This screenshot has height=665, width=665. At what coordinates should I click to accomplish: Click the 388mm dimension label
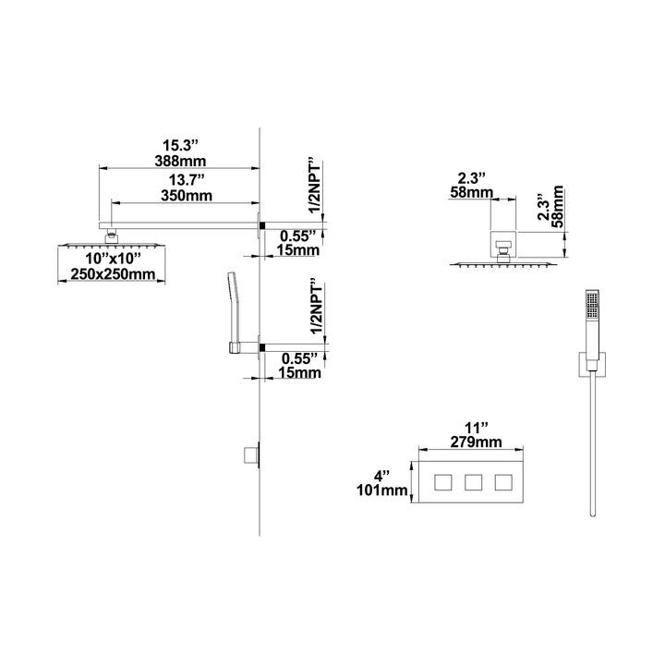click(x=180, y=161)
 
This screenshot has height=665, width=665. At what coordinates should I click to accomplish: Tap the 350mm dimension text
click(x=187, y=196)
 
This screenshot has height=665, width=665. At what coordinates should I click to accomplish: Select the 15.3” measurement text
click(x=181, y=145)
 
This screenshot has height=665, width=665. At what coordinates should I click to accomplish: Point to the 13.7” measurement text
click(x=187, y=180)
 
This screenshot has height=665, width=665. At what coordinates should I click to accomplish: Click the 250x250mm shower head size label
click(x=113, y=274)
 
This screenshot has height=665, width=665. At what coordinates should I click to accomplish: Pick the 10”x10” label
click(x=113, y=258)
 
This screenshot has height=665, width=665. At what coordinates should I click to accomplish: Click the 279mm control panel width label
click(x=476, y=441)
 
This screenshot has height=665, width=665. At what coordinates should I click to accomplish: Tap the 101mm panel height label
click(x=382, y=490)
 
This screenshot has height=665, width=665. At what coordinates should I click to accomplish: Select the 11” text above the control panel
click(x=476, y=426)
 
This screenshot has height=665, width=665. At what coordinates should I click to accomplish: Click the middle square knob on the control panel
click(x=473, y=482)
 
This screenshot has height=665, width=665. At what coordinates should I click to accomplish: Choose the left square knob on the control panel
click(x=443, y=482)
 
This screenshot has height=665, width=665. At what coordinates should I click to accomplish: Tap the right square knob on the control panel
click(x=503, y=482)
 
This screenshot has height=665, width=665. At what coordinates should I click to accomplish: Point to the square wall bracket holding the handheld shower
click(x=592, y=365)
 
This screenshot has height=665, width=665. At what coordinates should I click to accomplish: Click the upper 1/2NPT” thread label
click(x=317, y=187)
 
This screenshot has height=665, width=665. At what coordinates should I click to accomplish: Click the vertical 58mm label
click(x=558, y=207)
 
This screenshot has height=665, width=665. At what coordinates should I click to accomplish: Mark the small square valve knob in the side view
click(x=250, y=455)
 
